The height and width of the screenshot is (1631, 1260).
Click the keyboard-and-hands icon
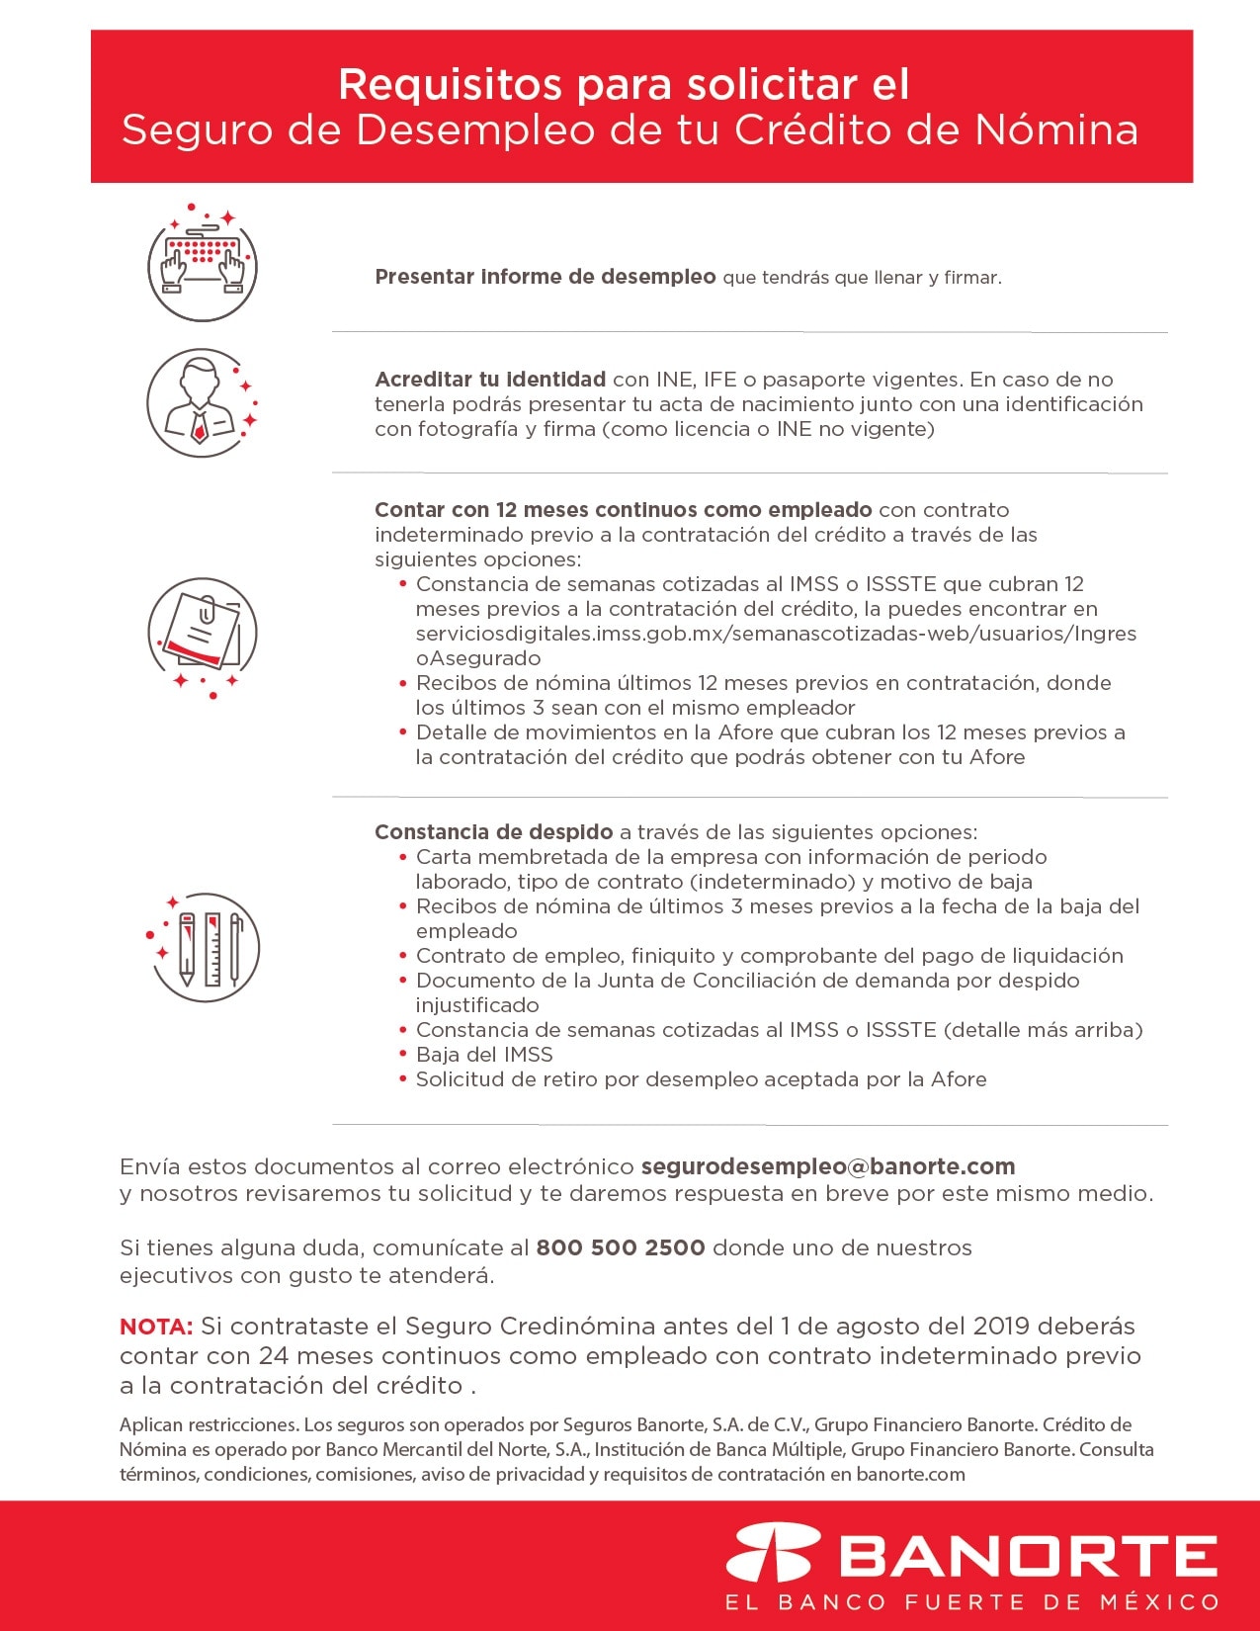point(203,264)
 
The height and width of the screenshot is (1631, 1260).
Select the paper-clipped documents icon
point(203,634)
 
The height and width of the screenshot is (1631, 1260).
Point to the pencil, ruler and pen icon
point(205,947)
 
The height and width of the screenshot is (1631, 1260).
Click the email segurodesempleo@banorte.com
point(828,1166)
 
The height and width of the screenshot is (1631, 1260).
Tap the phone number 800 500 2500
point(620,1247)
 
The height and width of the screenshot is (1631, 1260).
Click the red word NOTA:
point(155,1327)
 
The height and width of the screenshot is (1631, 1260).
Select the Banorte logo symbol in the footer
point(774,1555)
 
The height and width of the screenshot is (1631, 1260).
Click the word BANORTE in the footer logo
point(1028,1557)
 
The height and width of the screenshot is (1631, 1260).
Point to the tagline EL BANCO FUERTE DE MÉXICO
point(971,1602)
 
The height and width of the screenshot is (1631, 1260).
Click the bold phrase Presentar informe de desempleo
point(545,277)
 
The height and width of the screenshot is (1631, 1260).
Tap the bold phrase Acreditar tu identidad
point(490,380)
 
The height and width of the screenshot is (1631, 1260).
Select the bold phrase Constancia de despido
point(493,832)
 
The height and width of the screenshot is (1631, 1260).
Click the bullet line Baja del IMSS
point(484,1055)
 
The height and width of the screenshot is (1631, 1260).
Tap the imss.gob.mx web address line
point(776,634)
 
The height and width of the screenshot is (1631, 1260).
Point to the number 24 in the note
point(274,1356)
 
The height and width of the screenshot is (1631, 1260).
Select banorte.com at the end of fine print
point(910,1475)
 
